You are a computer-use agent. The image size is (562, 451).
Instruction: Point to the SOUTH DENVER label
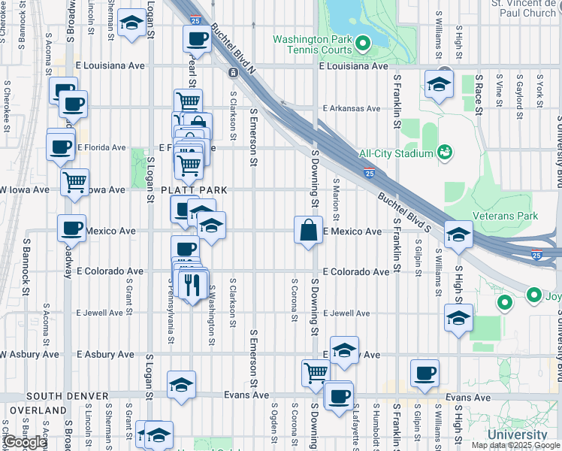pos(63,395)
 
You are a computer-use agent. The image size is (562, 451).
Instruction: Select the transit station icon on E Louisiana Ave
pos(232,72)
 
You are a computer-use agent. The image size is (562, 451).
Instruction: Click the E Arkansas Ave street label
pos(351,107)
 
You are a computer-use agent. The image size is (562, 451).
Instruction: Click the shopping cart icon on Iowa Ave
pos(75,181)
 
